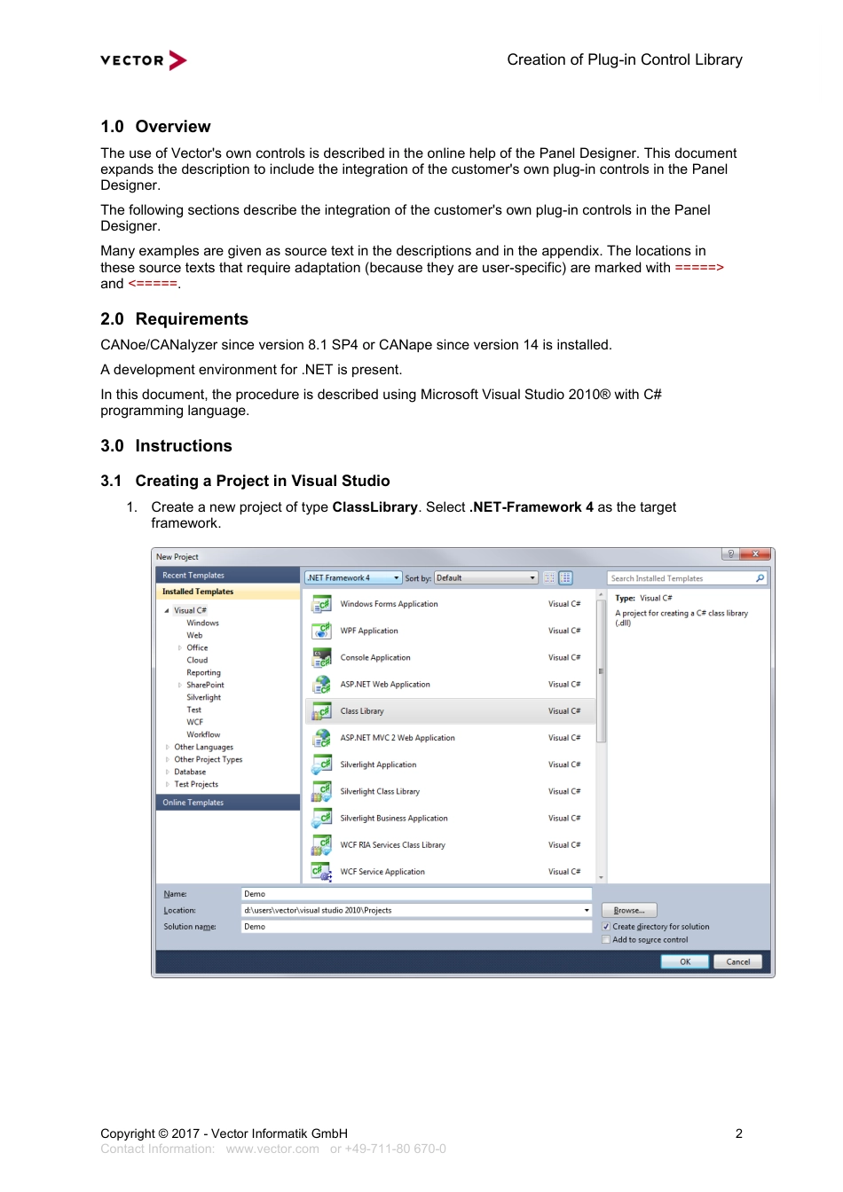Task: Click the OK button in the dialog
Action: tap(685, 961)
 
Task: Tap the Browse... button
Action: tap(629, 910)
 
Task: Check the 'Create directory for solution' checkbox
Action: tap(606, 927)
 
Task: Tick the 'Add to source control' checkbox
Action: tap(606, 940)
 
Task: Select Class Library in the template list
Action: tap(362, 711)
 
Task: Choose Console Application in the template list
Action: tap(375, 658)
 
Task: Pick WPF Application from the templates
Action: tap(369, 631)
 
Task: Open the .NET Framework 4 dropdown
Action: tap(353, 578)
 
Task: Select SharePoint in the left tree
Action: tap(205, 685)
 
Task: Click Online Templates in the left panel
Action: tap(193, 803)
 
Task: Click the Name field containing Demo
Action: tap(415, 894)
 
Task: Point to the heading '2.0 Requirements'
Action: tap(175, 319)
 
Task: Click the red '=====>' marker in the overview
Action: tap(699, 268)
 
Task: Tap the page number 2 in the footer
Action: tap(738, 1133)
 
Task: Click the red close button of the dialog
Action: tap(755, 554)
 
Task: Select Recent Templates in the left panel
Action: tap(193, 576)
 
